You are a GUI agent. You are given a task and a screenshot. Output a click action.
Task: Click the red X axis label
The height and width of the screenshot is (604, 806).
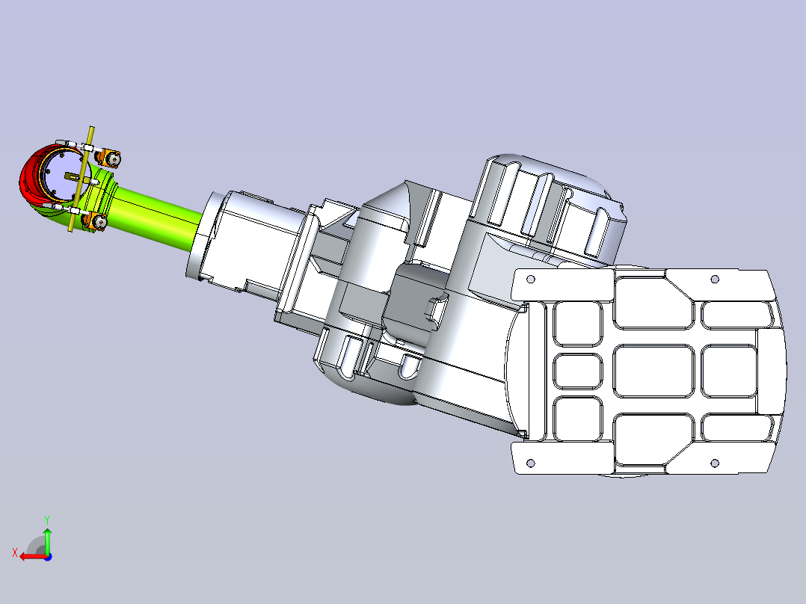click(15, 553)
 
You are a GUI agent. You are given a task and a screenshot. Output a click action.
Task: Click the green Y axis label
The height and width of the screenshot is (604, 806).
click(47, 520)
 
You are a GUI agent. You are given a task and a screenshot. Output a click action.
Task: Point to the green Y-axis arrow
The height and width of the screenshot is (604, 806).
click(47, 540)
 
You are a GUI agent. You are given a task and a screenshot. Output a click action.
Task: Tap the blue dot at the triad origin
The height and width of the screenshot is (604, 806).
click(48, 557)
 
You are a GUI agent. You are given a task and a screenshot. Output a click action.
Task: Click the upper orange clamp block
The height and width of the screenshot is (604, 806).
click(109, 158)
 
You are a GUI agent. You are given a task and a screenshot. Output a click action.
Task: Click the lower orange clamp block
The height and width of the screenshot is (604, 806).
click(96, 221)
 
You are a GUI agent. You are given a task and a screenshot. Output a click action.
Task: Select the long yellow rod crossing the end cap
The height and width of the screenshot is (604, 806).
click(81, 179)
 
